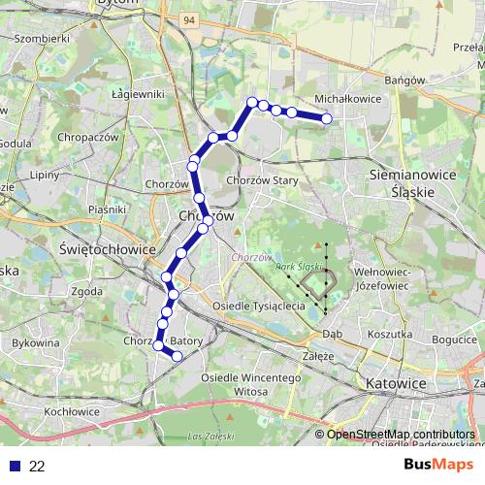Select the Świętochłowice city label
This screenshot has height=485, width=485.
tap(108, 248)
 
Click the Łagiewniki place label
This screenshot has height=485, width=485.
tap(138, 94)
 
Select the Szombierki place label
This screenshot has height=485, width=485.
tap(44, 39)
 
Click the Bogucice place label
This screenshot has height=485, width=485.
tap(453, 340)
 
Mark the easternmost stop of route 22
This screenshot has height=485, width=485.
tap(327, 119)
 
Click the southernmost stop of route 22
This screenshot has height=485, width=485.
tap(177, 357)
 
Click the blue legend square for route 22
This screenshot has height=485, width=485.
tap(13, 466)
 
